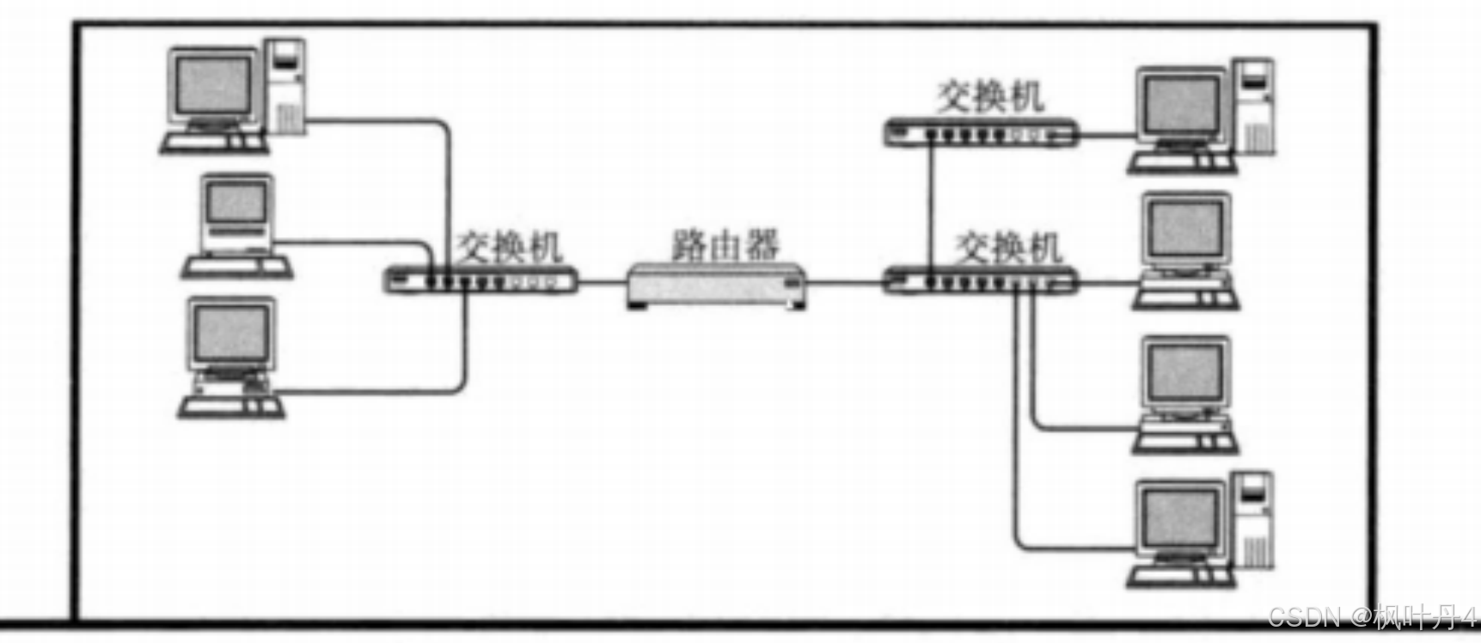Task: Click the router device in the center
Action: (x=717, y=284)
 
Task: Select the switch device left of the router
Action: (x=480, y=280)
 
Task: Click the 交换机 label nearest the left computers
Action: (x=509, y=247)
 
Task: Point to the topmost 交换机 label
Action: (x=990, y=96)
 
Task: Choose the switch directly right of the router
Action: (x=980, y=280)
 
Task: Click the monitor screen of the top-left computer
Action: (x=213, y=86)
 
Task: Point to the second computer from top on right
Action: (x=1185, y=249)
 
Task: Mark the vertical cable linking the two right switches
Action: (x=930, y=206)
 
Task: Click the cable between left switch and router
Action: (x=602, y=281)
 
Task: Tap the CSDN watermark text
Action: (x=1370, y=617)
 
